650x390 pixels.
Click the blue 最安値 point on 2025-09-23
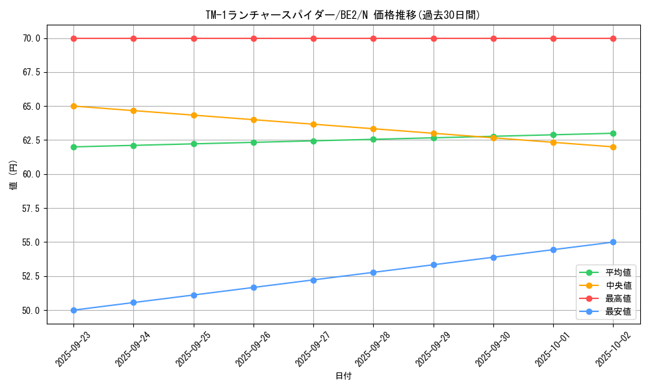pyautogui.click(x=73, y=310)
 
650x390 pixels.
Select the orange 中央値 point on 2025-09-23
pyautogui.click(x=73, y=106)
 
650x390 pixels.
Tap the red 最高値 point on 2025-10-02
pyautogui.click(x=613, y=38)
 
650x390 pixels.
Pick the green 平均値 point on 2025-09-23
pyautogui.click(x=73, y=147)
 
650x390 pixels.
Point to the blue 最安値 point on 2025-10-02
pyautogui.click(x=613, y=242)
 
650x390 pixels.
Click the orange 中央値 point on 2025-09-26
pyautogui.click(x=253, y=120)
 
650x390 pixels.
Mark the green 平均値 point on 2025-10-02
pyautogui.click(x=613, y=133)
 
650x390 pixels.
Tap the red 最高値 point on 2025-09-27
pyautogui.click(x=313, y=38)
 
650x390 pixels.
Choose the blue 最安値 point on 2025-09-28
pyautogui.click(x=373, y=272)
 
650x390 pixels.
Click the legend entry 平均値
pyautogui.click(x=617, y=272)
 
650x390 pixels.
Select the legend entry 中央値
pyautogui.click(x=617, y=285)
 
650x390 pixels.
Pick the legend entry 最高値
pyautogui.click(x=617, y=298)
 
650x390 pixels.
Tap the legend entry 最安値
pyautogui.click(x=617, y=312)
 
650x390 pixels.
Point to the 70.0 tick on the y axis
pyautogui.click(x=31, y=38)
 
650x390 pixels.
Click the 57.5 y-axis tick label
pyautogui.click(x=31, y=209)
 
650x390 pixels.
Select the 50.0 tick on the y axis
pyautogui.click(x=31, y=311)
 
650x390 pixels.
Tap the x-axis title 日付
pyautogui.click(x=343, y=376)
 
